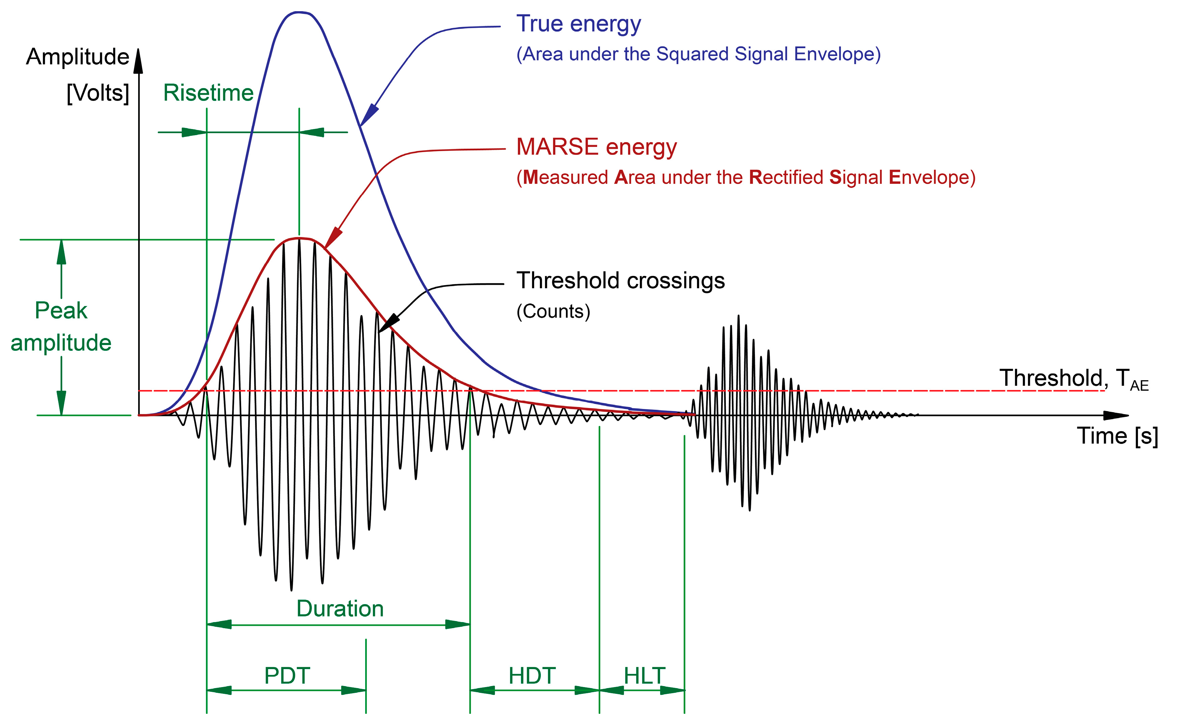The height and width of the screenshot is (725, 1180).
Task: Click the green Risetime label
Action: click(208, 93)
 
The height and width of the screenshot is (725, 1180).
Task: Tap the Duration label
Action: click(340, 609)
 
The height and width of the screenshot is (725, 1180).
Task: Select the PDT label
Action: click(287, 676)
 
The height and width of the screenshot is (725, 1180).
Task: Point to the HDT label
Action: click(532, 676)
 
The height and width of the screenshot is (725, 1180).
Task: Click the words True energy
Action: click(578, 24)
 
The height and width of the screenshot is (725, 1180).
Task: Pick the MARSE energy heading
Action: click(596, 147)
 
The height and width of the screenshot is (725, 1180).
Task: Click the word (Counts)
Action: click(553, 312)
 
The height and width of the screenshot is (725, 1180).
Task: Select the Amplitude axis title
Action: click(78, 57)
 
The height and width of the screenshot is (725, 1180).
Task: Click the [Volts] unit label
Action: click(98, 93)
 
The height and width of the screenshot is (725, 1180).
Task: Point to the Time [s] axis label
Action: click(1117, 436)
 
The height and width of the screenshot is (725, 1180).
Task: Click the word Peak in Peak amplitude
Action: click(61, 311)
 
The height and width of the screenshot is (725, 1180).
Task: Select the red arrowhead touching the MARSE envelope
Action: click(333, 237)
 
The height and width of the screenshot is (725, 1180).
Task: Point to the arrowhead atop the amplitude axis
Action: click(138, 61)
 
